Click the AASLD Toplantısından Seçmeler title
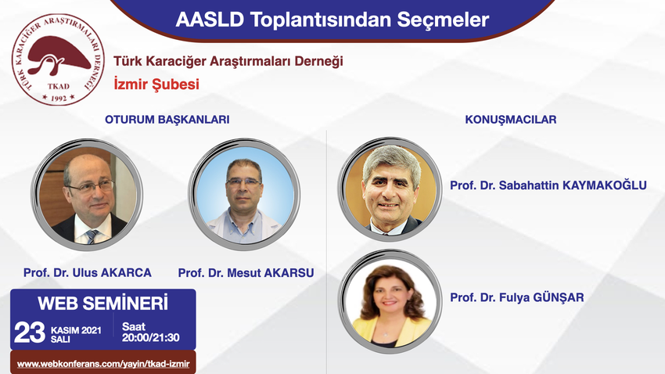click(x=332, y=20)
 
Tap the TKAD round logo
click(x=58, y=59)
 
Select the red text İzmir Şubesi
click(x=156, y=84)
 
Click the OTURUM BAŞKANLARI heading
click(x=167, y=120)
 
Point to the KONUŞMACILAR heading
click(x=511, y=120)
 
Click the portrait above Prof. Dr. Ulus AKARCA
click(x=88, y=194)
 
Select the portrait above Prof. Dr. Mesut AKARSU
click(x=244, y=194)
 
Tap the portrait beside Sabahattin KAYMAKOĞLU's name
click(x=390, y=189)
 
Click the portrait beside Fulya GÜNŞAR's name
click(x=390, y=301)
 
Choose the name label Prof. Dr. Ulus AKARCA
click(x=88, y=272)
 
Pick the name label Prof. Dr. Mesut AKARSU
click(x=246, y=272)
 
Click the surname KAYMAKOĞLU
click(x=604, y=185)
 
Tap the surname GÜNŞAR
click(x=558, y=297)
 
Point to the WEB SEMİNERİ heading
click(x=103, y=303)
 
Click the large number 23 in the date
click(x=29, y=333)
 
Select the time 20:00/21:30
click(x=150, y=337)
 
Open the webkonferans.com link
click(x=103, y=364)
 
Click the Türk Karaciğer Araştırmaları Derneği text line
click(x=228, y=61)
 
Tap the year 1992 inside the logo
click(x=59, y=99)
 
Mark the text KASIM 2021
click(x=76, y=330)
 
